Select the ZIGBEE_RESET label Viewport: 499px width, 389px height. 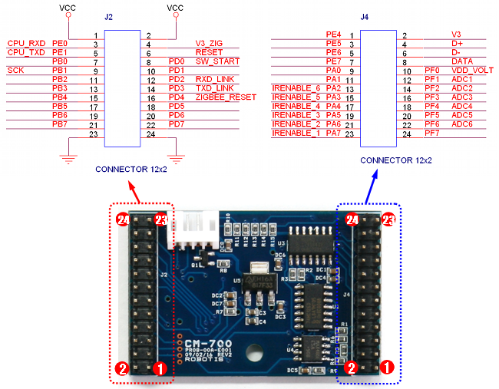pyautogui.click(x=226, y=97)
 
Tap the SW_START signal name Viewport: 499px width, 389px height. pyautogui.click(x=213, y=61)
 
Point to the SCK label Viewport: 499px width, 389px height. pyautogui.click(x=16, y=71)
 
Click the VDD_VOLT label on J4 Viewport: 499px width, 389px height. pyautogui.click(x=468, y=70)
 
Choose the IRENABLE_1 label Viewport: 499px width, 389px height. pyautogui.click(x=296, y=134)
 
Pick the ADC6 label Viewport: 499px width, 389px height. pyautogui.click(x=462, y=124)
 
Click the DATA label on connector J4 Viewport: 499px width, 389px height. pyautogui.click(x=462, y=61)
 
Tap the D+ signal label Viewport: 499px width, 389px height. pyautogui.click(x=458, y=44)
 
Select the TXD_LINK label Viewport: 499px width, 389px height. pyautogui.click(x=214, y=88)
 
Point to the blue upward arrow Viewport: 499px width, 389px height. pyautogui.click(x=369, y=187)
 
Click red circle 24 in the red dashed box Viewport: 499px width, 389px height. pyautogui.click(x=122, y=219)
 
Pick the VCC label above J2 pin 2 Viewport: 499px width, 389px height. pyautogui.click(x=176, y=8)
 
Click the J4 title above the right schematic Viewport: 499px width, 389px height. pyautogui.click(x=364, y=15)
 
